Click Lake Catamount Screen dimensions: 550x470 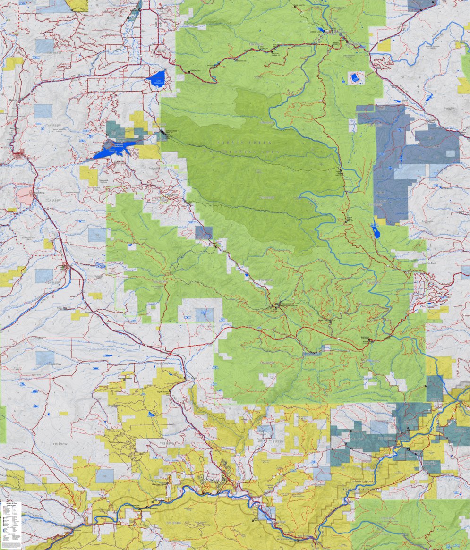click(x=157, y=77)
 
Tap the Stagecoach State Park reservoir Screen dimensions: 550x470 click(x=116, y=148)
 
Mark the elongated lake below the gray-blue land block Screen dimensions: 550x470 click(x=376, y=231)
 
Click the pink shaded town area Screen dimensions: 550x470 click(x=25, y=194)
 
